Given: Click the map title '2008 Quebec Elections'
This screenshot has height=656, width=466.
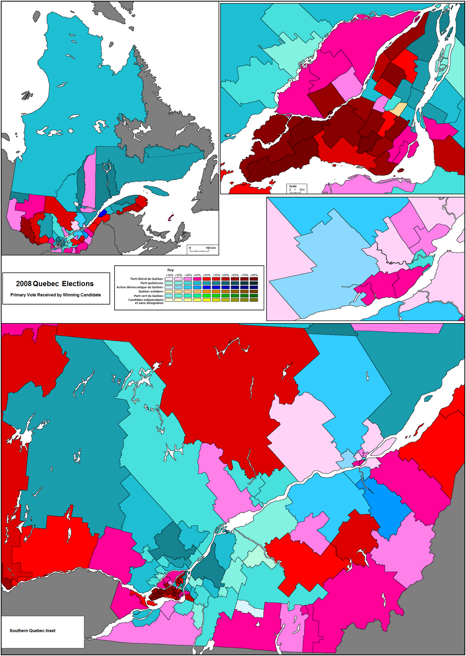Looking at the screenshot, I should pyautogui.click(x=55, y=284).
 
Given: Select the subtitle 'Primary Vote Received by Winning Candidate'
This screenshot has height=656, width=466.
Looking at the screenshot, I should pyautogui.click(x=56, y=295).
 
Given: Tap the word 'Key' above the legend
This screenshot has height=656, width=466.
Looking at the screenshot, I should pyautogui.click(x=170, y=270).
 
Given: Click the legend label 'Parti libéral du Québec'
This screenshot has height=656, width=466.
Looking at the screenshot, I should pyautogui.click(x=147, y=279).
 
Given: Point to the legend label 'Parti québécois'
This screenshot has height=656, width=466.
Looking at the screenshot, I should pyautogui.click(x=152, y=283).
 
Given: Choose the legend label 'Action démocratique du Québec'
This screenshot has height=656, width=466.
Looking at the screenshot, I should pyautogui.click(x=140, y=287).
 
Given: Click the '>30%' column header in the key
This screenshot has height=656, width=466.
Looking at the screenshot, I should pyautogui.click(x=169, y=275).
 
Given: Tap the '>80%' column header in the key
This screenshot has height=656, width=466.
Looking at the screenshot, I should pyautogui.click(x=254, y=275).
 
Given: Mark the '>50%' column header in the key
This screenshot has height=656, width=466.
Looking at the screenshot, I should pyautogui.click(x=206, y=275).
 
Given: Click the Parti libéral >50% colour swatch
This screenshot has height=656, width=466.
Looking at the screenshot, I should pyautogui.click(x=206, y=279).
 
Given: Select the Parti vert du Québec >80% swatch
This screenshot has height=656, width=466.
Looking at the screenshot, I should pyautogui.click(x=254, y=296).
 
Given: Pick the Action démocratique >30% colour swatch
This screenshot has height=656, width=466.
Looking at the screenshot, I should pyautogui.click(x=169, y=287).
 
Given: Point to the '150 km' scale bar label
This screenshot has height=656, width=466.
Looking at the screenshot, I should pyautogui.click(x=210, y=248).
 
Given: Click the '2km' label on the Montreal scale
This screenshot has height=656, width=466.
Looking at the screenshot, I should pyautogui.click(x=302, y=190).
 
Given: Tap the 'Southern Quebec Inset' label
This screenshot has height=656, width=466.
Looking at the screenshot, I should pyautogui.click(x=33, y=631).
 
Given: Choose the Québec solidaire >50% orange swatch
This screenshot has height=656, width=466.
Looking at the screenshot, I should pyautogui.click(x=206, y=292).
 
